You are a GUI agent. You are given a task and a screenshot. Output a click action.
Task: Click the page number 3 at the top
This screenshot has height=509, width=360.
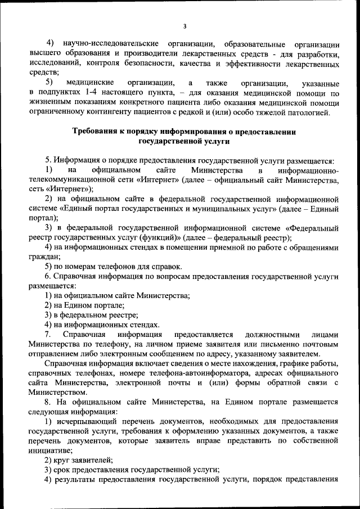pyautogui.click(x=184, y=26)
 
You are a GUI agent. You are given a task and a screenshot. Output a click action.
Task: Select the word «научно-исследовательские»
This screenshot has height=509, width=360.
pyautogui.click(x=109, y=44)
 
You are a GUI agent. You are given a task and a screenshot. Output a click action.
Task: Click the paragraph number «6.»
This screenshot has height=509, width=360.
pyautogui.click(x=49, y=277)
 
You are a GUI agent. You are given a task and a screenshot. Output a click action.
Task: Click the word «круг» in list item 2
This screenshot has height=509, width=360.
pyautogui.click(x=65, y=460)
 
